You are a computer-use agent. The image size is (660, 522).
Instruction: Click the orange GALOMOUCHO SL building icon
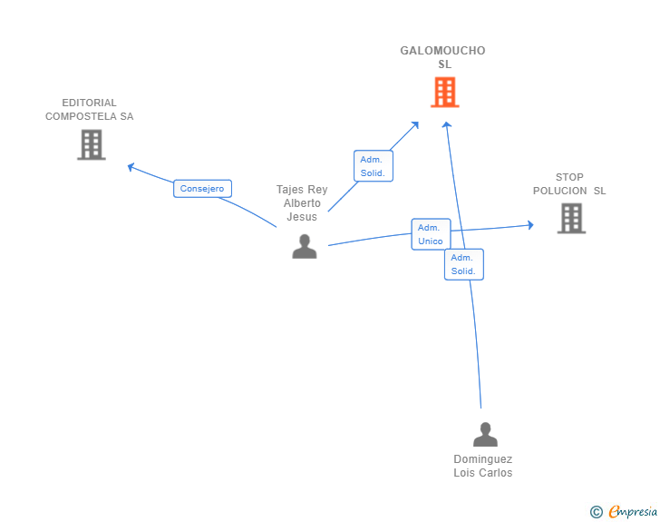(x=445, y=93)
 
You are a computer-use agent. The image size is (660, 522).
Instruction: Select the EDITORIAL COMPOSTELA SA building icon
(x=92, y=144)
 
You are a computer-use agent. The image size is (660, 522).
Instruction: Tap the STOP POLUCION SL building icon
(x=571, y=219)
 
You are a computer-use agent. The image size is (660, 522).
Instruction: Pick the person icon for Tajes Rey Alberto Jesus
(x=305, y=246)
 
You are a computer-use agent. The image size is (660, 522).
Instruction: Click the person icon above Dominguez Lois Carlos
(x=485, y=434)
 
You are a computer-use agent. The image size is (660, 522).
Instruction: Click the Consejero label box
(x=202, y=189)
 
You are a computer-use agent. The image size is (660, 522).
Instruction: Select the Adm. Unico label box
(x=431, y=234)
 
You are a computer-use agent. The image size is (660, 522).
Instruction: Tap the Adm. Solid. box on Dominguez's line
(x=464, y=264)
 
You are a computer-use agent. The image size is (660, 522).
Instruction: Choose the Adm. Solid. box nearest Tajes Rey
(x=374, y=166)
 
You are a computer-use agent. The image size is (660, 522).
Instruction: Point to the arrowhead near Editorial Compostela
(x=130, y=167)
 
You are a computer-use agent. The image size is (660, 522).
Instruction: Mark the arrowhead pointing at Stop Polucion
(x=531, y=225)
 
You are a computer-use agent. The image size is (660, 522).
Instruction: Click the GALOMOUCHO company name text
(x=442, y=51)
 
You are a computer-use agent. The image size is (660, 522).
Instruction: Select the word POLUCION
(x=560, y=191)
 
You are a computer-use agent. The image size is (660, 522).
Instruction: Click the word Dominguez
(x=483, y=459)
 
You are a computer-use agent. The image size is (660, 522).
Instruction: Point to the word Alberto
(x=302, y=203)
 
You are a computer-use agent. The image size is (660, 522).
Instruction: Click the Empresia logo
(x=633, y=511)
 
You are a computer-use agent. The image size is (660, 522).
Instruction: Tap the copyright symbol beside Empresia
(x=596, y=512)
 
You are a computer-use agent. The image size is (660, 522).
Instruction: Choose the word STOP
(x=569, y=177)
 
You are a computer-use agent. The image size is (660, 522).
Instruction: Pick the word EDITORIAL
(x=89, y=103)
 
